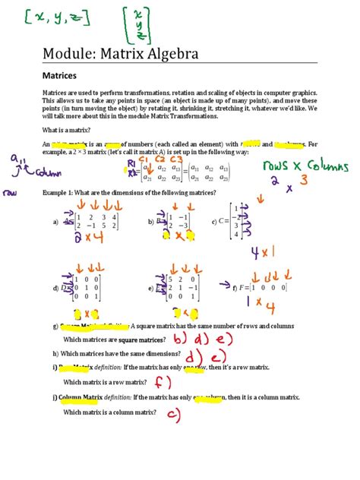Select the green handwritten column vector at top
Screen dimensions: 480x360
(137, 24)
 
